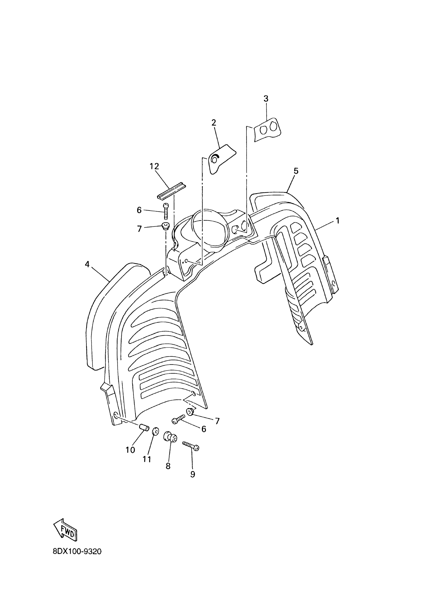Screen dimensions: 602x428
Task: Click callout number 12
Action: (154, 167)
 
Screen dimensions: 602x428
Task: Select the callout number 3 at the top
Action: (266, 99)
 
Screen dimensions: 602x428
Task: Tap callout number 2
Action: (213, 123)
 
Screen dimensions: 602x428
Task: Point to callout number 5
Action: (296, 171)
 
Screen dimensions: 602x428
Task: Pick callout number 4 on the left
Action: (87, 264)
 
